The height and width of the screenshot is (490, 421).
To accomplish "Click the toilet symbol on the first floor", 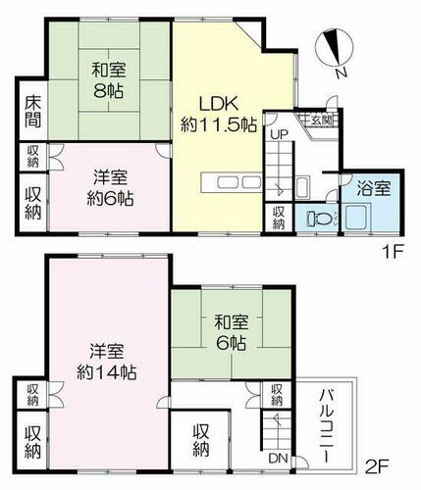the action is point(318,218).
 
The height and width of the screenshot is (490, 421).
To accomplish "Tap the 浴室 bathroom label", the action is point(374,189).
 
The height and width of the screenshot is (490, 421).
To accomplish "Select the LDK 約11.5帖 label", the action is point(219,114).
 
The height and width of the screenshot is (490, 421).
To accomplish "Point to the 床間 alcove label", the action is point(33,112).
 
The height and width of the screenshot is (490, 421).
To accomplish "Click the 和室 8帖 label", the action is point(109,81).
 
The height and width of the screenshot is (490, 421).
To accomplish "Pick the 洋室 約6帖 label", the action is point(110,188).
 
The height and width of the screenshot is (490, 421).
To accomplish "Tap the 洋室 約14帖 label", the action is point(107,362).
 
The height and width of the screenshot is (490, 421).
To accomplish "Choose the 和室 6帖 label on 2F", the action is point(231,332).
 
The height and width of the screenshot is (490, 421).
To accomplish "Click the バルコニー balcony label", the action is point(327,425).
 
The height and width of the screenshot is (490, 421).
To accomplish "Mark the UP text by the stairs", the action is point(279,134).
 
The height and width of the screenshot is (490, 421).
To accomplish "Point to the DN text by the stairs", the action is point(278,459).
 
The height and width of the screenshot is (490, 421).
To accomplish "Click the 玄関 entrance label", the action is point(321,121).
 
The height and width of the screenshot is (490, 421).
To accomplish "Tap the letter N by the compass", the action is point(342,73).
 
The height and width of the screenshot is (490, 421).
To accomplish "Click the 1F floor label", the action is point(394,252).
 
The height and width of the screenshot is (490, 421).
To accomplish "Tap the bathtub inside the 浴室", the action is point(358,217).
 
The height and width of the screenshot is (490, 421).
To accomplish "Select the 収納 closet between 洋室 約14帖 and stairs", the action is point(201,440).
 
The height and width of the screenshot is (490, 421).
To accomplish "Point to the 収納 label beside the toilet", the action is point(278,218).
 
